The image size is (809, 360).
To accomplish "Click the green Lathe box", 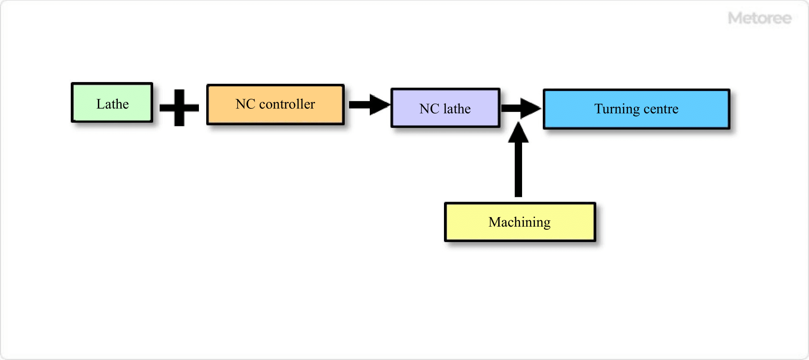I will [x=112, y=103].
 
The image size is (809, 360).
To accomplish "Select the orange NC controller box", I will [x=275, y=104].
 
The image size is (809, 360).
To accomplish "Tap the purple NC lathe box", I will [x=445, y=108].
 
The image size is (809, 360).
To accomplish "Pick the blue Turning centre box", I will [x=636, y=109].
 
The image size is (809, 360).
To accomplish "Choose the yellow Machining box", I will [x=520, y=222].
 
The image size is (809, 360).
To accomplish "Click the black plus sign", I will [x=179, y=107].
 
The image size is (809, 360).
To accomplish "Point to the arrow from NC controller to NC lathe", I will [x=369, y=105].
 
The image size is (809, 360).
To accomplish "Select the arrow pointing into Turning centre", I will [x=521, y=108].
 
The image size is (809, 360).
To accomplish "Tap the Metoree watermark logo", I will [x=759, y=18].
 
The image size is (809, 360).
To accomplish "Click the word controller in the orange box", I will [x=287, y=104].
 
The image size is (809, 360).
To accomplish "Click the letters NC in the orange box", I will [x=246, y=104].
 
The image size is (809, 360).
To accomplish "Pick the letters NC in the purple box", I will [x=429, y=109].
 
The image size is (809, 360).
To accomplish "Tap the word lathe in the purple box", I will [x=457, y=109].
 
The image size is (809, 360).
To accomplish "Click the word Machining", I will [x=519, y=222].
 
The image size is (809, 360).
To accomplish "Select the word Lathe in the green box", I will [x=112, y=104].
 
